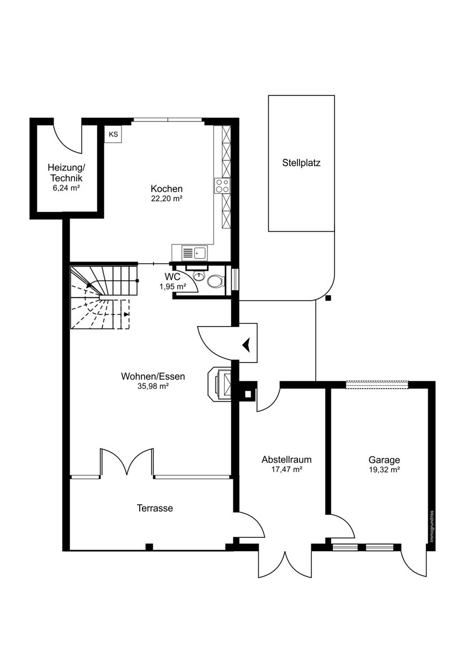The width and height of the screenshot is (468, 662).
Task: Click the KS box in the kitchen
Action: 113,135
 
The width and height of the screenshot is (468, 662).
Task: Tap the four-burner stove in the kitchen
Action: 222,185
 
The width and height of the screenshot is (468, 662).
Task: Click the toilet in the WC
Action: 216,281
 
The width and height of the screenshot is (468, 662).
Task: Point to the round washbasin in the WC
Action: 199,276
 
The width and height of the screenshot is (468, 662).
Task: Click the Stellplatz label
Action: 301,163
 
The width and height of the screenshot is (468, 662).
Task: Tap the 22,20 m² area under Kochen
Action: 167,199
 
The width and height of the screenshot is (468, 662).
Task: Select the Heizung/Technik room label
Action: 67,173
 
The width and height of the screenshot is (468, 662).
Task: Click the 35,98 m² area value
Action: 153,386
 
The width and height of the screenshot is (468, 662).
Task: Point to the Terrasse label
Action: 155,508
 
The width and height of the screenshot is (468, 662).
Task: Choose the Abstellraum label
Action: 286,460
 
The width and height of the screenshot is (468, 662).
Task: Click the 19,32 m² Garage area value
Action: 385,469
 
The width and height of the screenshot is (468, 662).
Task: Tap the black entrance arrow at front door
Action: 246,345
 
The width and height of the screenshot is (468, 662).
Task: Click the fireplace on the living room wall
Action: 220,384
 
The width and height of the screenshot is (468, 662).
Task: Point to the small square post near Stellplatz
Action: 328,298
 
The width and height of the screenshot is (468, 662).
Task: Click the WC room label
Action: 172,277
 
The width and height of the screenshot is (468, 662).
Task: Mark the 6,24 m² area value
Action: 67,188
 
